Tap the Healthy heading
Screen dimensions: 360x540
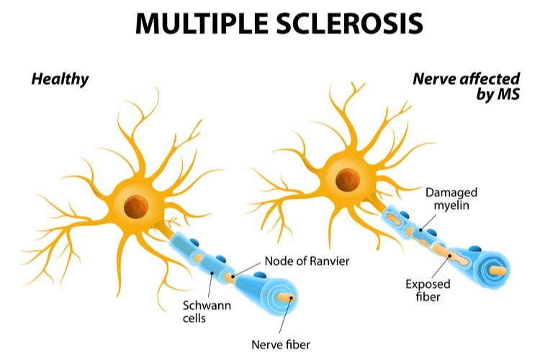click(x=59, y=78)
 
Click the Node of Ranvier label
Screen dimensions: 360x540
click(x=307, y=261)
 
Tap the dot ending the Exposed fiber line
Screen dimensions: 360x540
click(x=451, y=256)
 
